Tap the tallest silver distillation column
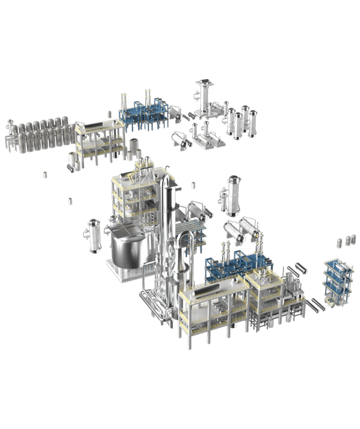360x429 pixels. click(x=166, y=221)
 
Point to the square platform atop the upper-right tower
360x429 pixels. click(x=203, y=83)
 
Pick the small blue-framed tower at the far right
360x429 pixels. click(x=334, y=279)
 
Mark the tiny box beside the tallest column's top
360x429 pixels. click(x=193, y=184)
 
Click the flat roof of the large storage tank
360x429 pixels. click(x=128, y=233)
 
